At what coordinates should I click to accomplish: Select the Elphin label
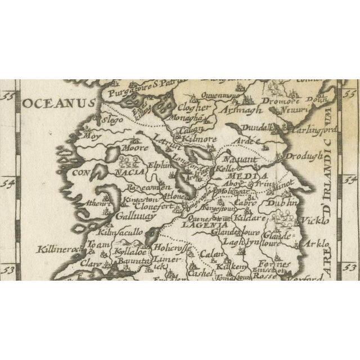(x=157, y=166)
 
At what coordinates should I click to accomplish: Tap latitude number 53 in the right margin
(x=350, y=268)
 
